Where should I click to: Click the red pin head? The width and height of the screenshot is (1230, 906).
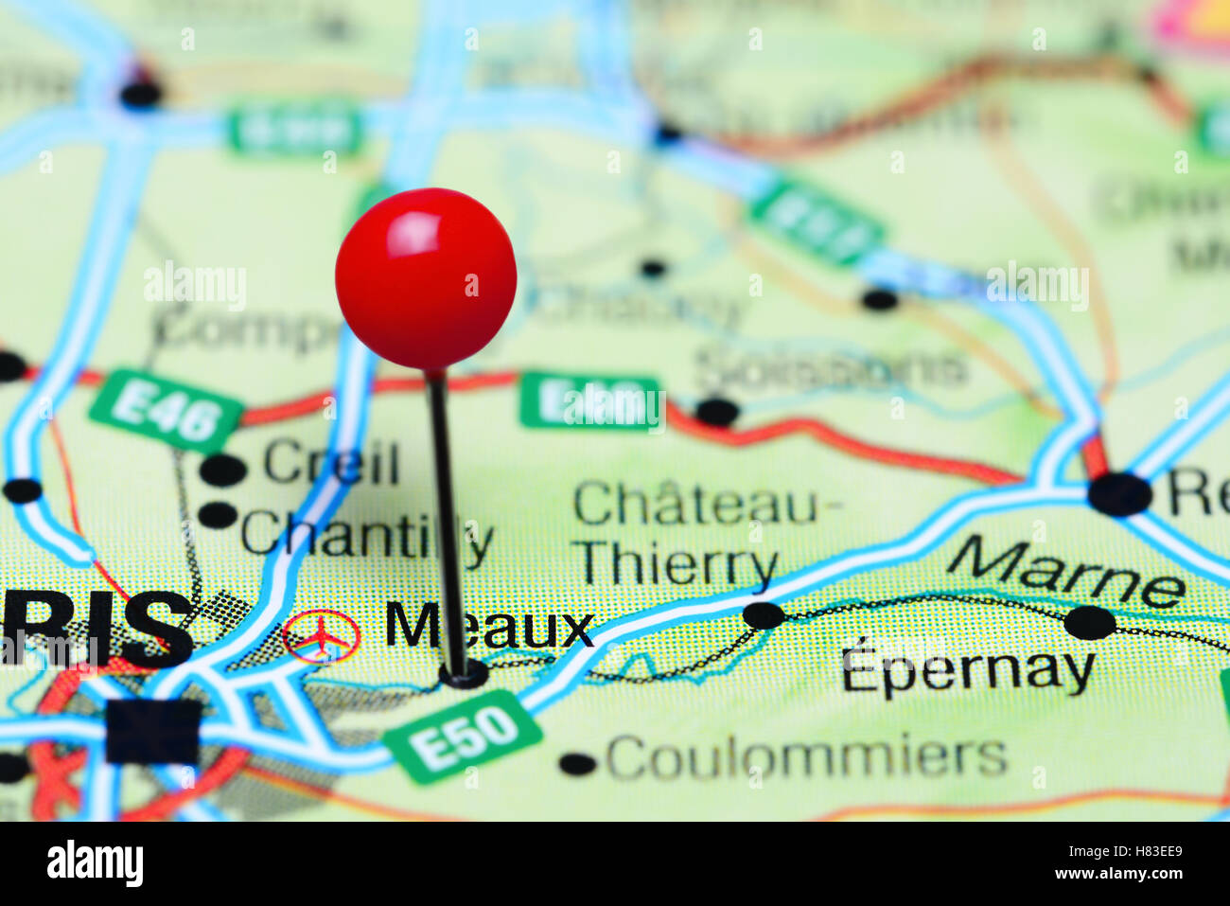click(426, 277)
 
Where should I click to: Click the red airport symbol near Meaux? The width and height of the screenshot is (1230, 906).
click(322, 636)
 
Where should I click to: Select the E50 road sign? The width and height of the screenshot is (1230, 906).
click(463, 737)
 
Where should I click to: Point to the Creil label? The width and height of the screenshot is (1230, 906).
click(331, 463)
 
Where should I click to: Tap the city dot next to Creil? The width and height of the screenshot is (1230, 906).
click(223, 469)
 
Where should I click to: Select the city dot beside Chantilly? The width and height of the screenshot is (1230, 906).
click(219, 515)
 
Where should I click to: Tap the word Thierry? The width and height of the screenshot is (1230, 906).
click(677, 565)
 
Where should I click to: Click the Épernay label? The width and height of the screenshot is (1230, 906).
click(967, 670)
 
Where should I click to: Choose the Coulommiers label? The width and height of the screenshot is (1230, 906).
click(806, 757)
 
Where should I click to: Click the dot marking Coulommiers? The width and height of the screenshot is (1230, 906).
click(577, 763)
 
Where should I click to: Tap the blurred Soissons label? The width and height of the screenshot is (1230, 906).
click(832, 368)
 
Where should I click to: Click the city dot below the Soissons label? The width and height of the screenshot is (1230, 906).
click(716, 412)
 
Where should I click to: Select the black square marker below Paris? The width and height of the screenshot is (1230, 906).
click(153, 731)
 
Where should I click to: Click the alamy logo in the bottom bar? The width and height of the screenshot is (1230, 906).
click(95, 863)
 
